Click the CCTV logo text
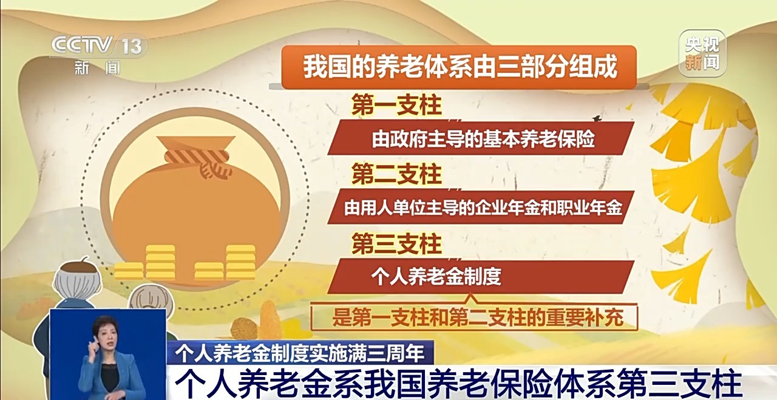point(83,46)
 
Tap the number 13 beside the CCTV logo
point(132,47)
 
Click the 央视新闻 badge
point(702,53)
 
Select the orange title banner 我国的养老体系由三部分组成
point(459,67)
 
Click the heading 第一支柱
point(396,104)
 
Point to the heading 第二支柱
point(396,174)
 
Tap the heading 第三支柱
point(396,243)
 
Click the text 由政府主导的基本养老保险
point(483,139)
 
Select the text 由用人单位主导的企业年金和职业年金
point(483,208)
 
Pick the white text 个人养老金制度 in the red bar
point(436,277)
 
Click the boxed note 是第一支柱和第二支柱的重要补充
point(474,317)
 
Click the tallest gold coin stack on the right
point(241,262)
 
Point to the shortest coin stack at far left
point(128,271)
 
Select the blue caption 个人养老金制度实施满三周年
point(300,353)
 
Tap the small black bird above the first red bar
point(597,118)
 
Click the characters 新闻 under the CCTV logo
point(97,67)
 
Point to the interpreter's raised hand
point(93,344)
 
